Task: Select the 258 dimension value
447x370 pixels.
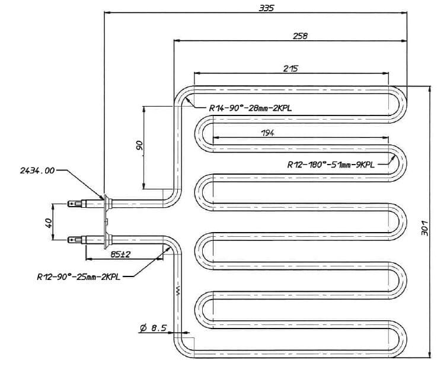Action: [x=300, y=36]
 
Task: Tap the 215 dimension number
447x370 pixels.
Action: [x=290, y=69]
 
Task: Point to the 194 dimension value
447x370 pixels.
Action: [x=267, y=133]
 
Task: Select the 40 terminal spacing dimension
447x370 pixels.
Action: [x=49, y=223]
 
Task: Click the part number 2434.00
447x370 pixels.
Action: [x=37, y=170]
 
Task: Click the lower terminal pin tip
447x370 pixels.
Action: [x=72, y=240]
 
